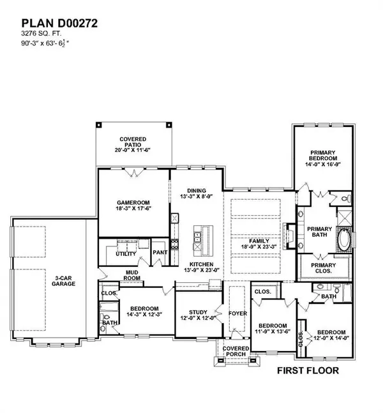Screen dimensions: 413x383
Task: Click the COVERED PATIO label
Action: coord(133,143)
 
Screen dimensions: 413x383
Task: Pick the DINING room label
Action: coord(197,190)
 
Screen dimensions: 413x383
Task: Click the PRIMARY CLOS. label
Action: coord(322,269)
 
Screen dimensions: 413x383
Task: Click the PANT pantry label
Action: coord(160,252)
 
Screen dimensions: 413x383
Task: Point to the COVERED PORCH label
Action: coord(231,350)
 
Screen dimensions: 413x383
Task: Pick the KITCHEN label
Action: coord(200,264)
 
